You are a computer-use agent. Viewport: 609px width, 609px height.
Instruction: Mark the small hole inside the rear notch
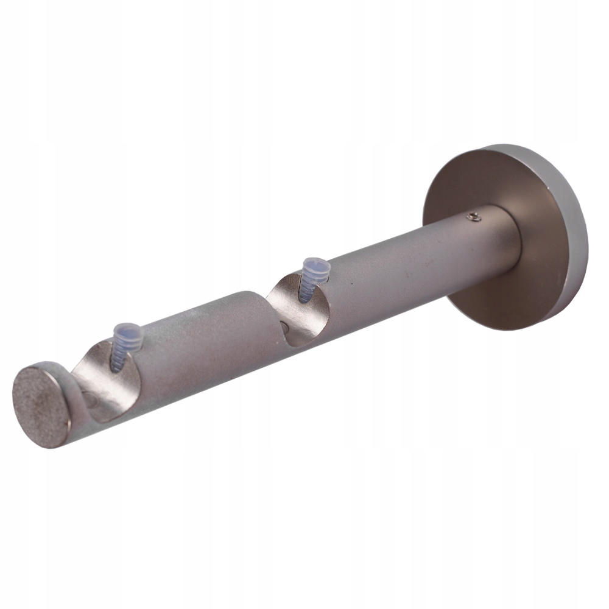[284, 329]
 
